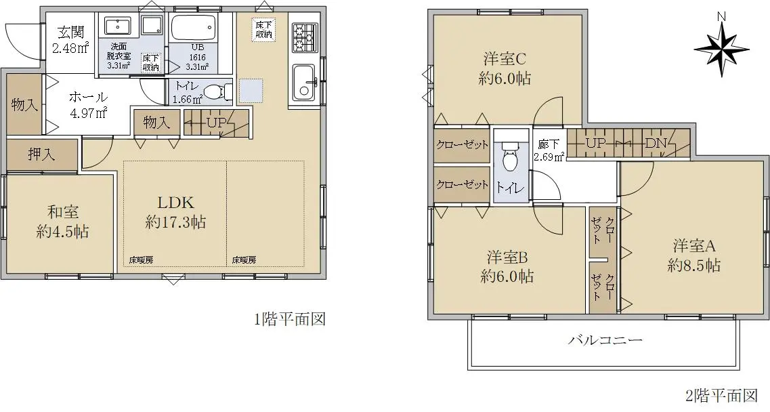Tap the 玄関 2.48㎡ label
pyautogui.click(x=70, y=40)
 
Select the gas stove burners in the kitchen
pyautogui.click(x=304, y=37)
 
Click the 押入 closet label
pyautogui.click(x=42, y=154)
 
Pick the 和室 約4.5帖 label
pyautogui.click(x=62, y=222)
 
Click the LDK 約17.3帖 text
pyautogui.click(x=175, y=212)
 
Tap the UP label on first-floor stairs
pyautogui.click(x=216, y=122)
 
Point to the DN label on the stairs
pyautogui.click(x=656, y=143)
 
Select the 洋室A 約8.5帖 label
pyautogui.click(x=694, y=255)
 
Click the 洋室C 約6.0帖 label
pyautogui.click(x=505, y=68)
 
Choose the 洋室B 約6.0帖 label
pyautogui.click(x=507, y=266)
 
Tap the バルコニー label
pyautogui.click(x=605, y=339)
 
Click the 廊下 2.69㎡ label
pyautogui.click(x=549, y=150)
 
